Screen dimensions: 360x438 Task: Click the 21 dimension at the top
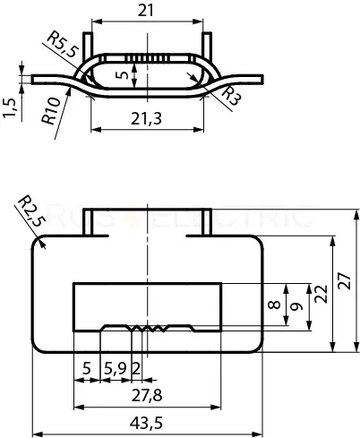(146, 11)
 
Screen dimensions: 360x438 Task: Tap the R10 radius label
(51, 111)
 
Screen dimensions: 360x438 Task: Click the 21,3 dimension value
(146, 118)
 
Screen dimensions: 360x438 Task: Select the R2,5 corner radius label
(31, 211)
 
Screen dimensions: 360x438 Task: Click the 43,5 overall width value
(146, 423)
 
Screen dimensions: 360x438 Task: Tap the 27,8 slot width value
(147, 396)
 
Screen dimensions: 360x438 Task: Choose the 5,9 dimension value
(116, 369)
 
